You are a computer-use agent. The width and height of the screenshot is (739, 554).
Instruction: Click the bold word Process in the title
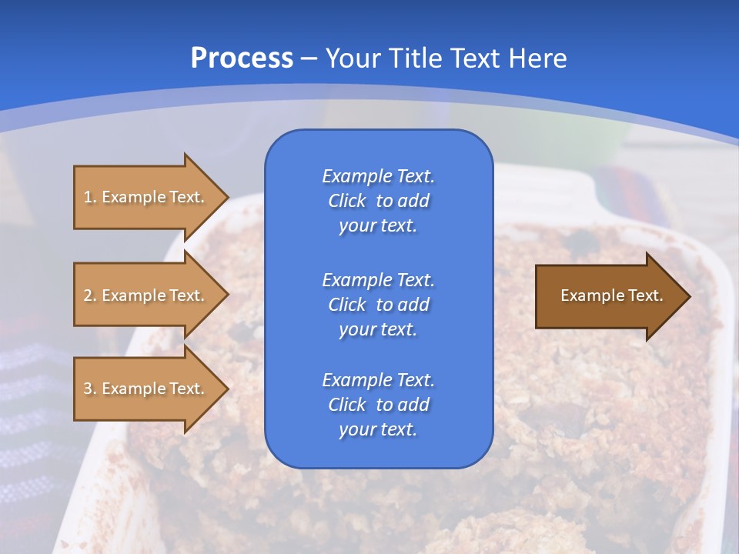(242, 58)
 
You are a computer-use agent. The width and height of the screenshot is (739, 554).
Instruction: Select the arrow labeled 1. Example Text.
(146, 197)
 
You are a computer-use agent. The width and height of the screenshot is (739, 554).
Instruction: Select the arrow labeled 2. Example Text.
(146, 295)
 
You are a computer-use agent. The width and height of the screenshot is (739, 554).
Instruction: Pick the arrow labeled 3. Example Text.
(146, 389)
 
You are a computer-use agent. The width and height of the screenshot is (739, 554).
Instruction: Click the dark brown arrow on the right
(608, 295)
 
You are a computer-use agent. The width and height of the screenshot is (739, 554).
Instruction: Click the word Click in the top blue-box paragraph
(346, 202)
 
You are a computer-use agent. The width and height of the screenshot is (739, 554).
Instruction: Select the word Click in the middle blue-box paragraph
(346, 305)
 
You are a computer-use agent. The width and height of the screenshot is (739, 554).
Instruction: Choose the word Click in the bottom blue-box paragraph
(346, 405)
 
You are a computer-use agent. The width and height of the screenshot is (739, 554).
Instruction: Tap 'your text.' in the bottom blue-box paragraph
(378, 430)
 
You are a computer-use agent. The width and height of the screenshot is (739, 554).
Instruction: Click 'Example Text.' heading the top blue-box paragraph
(378, 176)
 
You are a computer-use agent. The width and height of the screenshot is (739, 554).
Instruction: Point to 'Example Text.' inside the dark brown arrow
(611, 295)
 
